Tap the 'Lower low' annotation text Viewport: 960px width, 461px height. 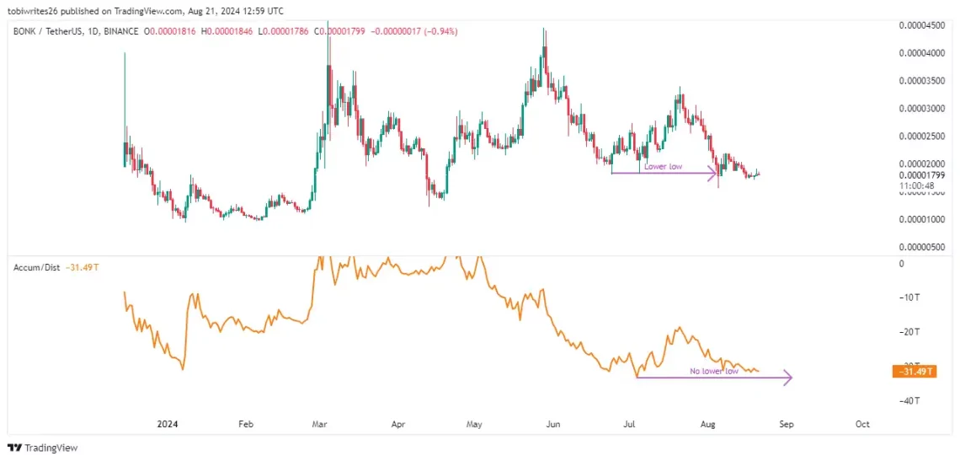click(663, 167)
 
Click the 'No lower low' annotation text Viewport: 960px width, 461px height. click(714, 371)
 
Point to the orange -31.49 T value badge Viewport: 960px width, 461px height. click(914, 372)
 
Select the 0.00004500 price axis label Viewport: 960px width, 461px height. click(920, 25)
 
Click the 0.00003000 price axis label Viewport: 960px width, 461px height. click(920, 109)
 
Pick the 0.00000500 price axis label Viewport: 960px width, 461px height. click(920, 247)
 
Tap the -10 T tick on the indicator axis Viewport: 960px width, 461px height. click(909, 298)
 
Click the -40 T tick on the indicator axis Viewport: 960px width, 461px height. click(909, 400)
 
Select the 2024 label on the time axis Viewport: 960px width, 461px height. click(167, 424)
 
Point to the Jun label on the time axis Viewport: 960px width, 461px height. click(553, 424)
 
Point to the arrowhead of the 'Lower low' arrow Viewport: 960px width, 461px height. click(714, 173)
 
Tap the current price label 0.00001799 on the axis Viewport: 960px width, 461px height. click(920, 174)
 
